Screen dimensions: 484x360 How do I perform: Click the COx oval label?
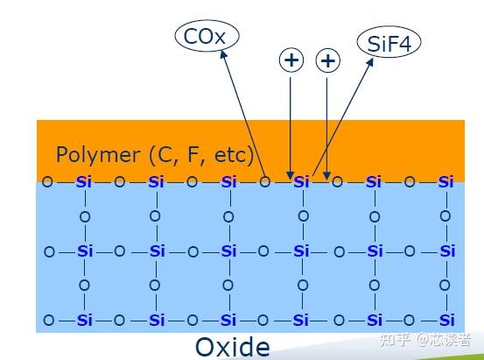(207, 36)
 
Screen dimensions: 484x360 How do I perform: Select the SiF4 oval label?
(389, 42)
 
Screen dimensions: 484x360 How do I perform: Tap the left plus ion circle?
(291, 60)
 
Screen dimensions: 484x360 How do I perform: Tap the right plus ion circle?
(328, 60)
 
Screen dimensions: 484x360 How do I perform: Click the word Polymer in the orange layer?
(98, 154)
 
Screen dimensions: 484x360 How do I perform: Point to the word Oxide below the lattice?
(233, 347)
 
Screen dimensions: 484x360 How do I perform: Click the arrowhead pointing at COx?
(223, 54)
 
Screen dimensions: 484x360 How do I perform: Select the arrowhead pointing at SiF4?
(370, 61)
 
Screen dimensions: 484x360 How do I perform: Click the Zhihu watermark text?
(425, 340)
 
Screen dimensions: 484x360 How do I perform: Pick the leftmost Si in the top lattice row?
(84, 182)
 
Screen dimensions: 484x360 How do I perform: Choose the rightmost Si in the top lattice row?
(445, 182)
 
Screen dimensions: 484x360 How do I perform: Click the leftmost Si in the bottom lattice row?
(85, 320)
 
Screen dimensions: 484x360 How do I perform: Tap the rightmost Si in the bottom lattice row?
(446, 320)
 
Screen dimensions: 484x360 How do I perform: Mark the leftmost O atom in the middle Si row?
(49, 252)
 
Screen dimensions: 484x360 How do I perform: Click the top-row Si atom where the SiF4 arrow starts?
(301, 182)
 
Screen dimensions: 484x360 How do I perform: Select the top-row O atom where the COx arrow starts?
(265, 182)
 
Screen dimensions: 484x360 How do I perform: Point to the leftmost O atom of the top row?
(47, 181)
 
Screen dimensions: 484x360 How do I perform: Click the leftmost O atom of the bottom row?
(49, 320)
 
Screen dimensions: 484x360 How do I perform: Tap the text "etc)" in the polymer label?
(234, 154)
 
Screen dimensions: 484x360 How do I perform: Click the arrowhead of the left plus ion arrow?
(290, 175)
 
